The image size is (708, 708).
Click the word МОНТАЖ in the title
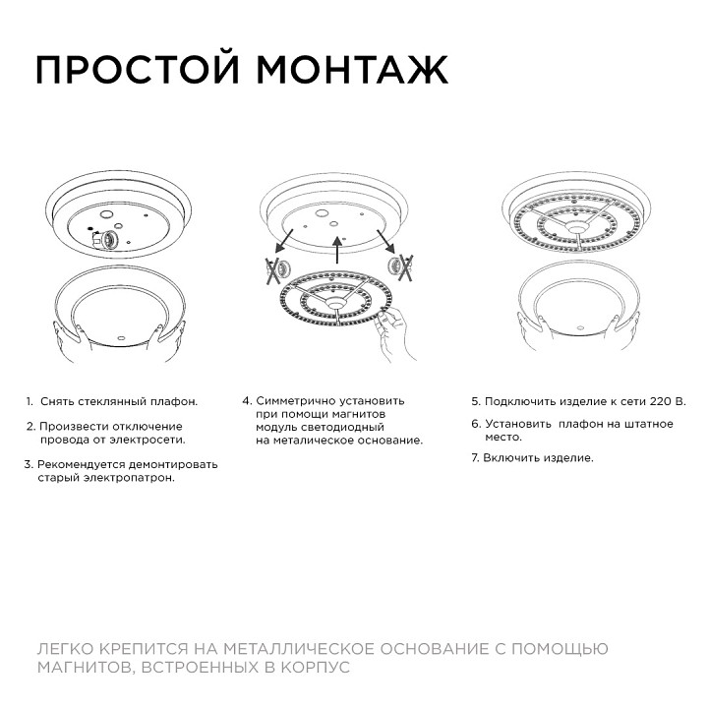(352, 70)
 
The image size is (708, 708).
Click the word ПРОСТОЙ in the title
(138, 70)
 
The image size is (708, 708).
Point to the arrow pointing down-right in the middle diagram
(385, 244)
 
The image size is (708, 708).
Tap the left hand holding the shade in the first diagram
(65, 339)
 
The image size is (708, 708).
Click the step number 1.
(29, 401)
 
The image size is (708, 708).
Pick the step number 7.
(475, 458)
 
